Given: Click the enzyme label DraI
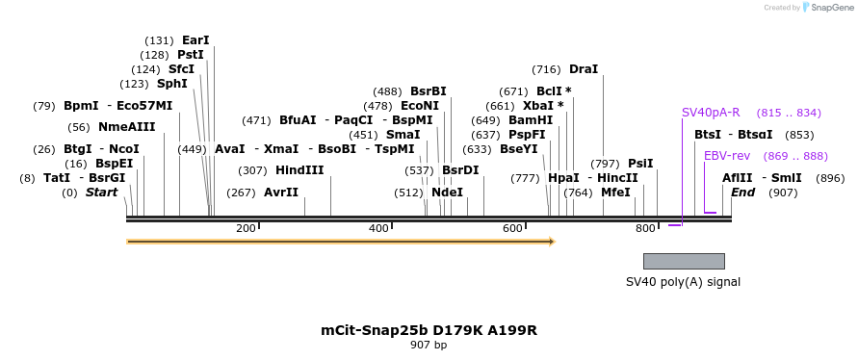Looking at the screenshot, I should click(584, 69).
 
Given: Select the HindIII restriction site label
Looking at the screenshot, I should click(299, 170).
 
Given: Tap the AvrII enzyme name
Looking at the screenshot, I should click(281, 193).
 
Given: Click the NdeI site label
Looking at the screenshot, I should click(447, 193).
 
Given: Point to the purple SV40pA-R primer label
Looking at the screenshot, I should click(711, 113).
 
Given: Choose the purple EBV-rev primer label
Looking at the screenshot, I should click(727, 156).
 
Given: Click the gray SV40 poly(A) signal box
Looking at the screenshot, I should click(684, 261).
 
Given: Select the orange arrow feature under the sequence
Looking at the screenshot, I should click(341, 242).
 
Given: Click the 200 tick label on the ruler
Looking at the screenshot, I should click(246, 228).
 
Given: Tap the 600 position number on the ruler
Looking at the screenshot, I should click(512, 228).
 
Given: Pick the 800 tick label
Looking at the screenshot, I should click(645, 228).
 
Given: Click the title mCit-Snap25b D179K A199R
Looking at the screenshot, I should click(429, 330).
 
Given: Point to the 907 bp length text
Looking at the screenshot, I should click(429, 345).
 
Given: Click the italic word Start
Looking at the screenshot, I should click(101, 193).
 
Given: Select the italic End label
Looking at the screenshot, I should click(742, 193).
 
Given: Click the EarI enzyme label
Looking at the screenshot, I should click(195, 40).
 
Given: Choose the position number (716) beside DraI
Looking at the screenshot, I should click(546, 69).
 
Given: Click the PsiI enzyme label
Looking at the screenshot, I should click(640, 164).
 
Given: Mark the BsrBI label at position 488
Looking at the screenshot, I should click(429, 91).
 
